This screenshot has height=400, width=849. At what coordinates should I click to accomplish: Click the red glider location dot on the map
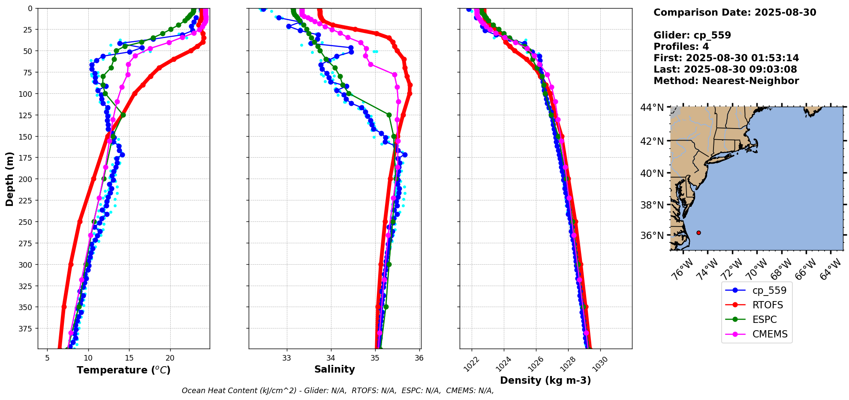tap(698, 233)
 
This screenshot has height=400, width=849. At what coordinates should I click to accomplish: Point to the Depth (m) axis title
tap(9, 179)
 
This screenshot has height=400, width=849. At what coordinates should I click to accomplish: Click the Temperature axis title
tap(123, 370)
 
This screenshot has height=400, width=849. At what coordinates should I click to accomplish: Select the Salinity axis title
tap(334, 369)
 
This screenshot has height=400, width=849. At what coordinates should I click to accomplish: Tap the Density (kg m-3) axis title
tap(545, 380)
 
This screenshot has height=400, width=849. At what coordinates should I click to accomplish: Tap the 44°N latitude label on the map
tap(652, 107)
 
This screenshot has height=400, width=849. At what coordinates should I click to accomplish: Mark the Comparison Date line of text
tap(735, 12)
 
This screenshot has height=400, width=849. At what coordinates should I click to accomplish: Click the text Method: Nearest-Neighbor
tap(726, 81)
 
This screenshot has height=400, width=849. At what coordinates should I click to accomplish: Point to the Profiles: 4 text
tap(681, 47)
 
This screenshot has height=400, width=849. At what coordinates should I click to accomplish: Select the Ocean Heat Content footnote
tap(337, 391)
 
